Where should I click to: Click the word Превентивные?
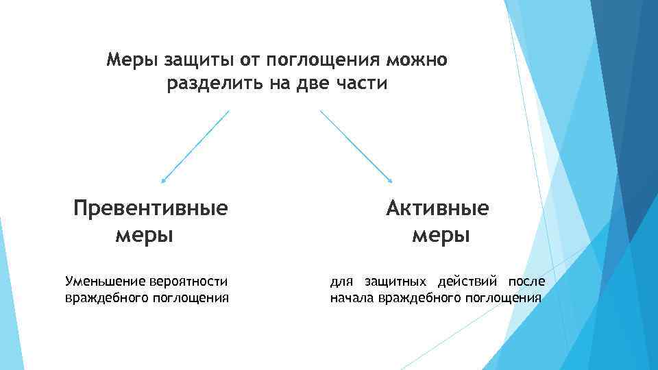click(x=151, y=208)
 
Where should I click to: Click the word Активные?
click(x=437, y=208)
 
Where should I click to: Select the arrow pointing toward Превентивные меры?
click(x=195, y=147)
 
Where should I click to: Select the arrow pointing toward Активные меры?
click(x=356, y=147)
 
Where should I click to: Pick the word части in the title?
click(x=364, y=84)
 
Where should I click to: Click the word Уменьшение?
click(x=102, y=281)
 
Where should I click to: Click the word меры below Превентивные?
click(x=144, y=236)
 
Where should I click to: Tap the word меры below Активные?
click(x=441, y=236)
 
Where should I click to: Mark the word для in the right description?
click(x=341, y=282)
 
